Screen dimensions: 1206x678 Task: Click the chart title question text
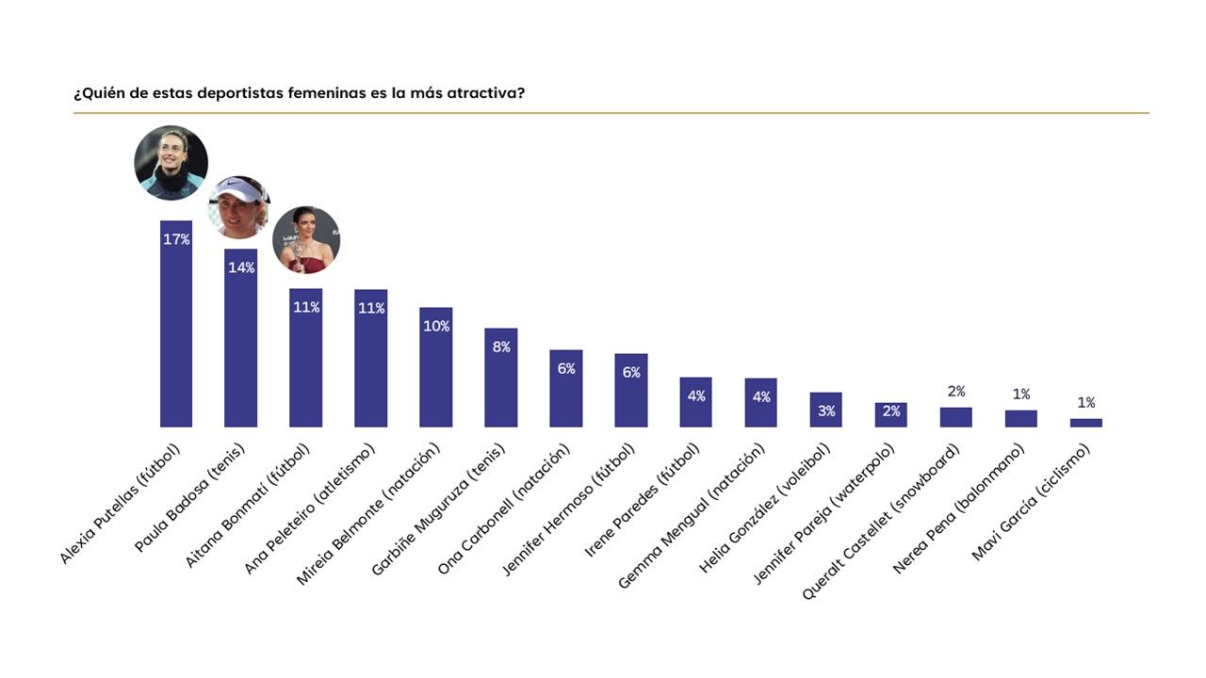click(x=299, y=93)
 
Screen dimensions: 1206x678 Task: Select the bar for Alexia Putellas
click(x=176, y=324)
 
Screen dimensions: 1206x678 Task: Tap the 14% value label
click(x=241, y=267)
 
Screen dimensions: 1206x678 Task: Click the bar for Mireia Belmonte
click(x=436, y=367)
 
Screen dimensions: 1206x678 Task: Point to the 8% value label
click(x=501, y=347)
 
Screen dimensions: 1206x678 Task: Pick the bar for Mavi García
click(x=1086, y=423)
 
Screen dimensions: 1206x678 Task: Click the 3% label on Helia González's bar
click(x=826, y=412)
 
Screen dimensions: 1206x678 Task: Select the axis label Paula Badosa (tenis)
click(x=189, y=497)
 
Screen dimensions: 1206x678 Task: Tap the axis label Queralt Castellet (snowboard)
click(x=881, y=522)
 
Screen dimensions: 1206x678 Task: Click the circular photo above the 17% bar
click(x=171, y=163)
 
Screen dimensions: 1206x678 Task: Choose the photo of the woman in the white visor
click(x=239, y=207)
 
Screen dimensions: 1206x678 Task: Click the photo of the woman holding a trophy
click(x=306, y=239)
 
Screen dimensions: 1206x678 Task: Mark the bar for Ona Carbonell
click(x=566, y=389)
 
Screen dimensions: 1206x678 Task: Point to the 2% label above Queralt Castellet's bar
click(x=956, y=391)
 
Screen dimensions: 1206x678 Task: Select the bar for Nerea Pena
click(x=1020, y=419)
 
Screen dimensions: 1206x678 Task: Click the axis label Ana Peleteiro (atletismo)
click(x=309, y=508)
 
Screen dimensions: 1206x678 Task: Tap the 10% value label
click(x=436, y=326)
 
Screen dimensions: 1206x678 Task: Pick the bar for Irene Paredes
click(x=695, y=402)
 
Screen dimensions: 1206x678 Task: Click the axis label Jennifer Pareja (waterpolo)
click(x=823, y=514)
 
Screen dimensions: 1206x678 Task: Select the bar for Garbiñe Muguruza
click(x=500, y=378)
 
